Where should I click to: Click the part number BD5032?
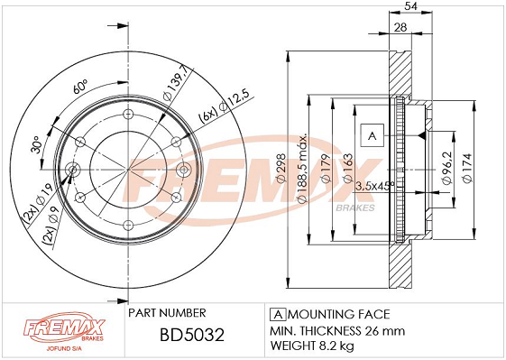pos(192,335)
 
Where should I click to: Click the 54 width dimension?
pos(410,6)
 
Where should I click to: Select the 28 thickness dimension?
pos(400,27)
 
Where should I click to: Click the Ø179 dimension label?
pos(326,169)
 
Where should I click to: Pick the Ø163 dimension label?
pos(347,169)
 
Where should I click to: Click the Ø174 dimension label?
pos(467,168)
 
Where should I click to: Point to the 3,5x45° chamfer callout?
pos(374,186)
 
